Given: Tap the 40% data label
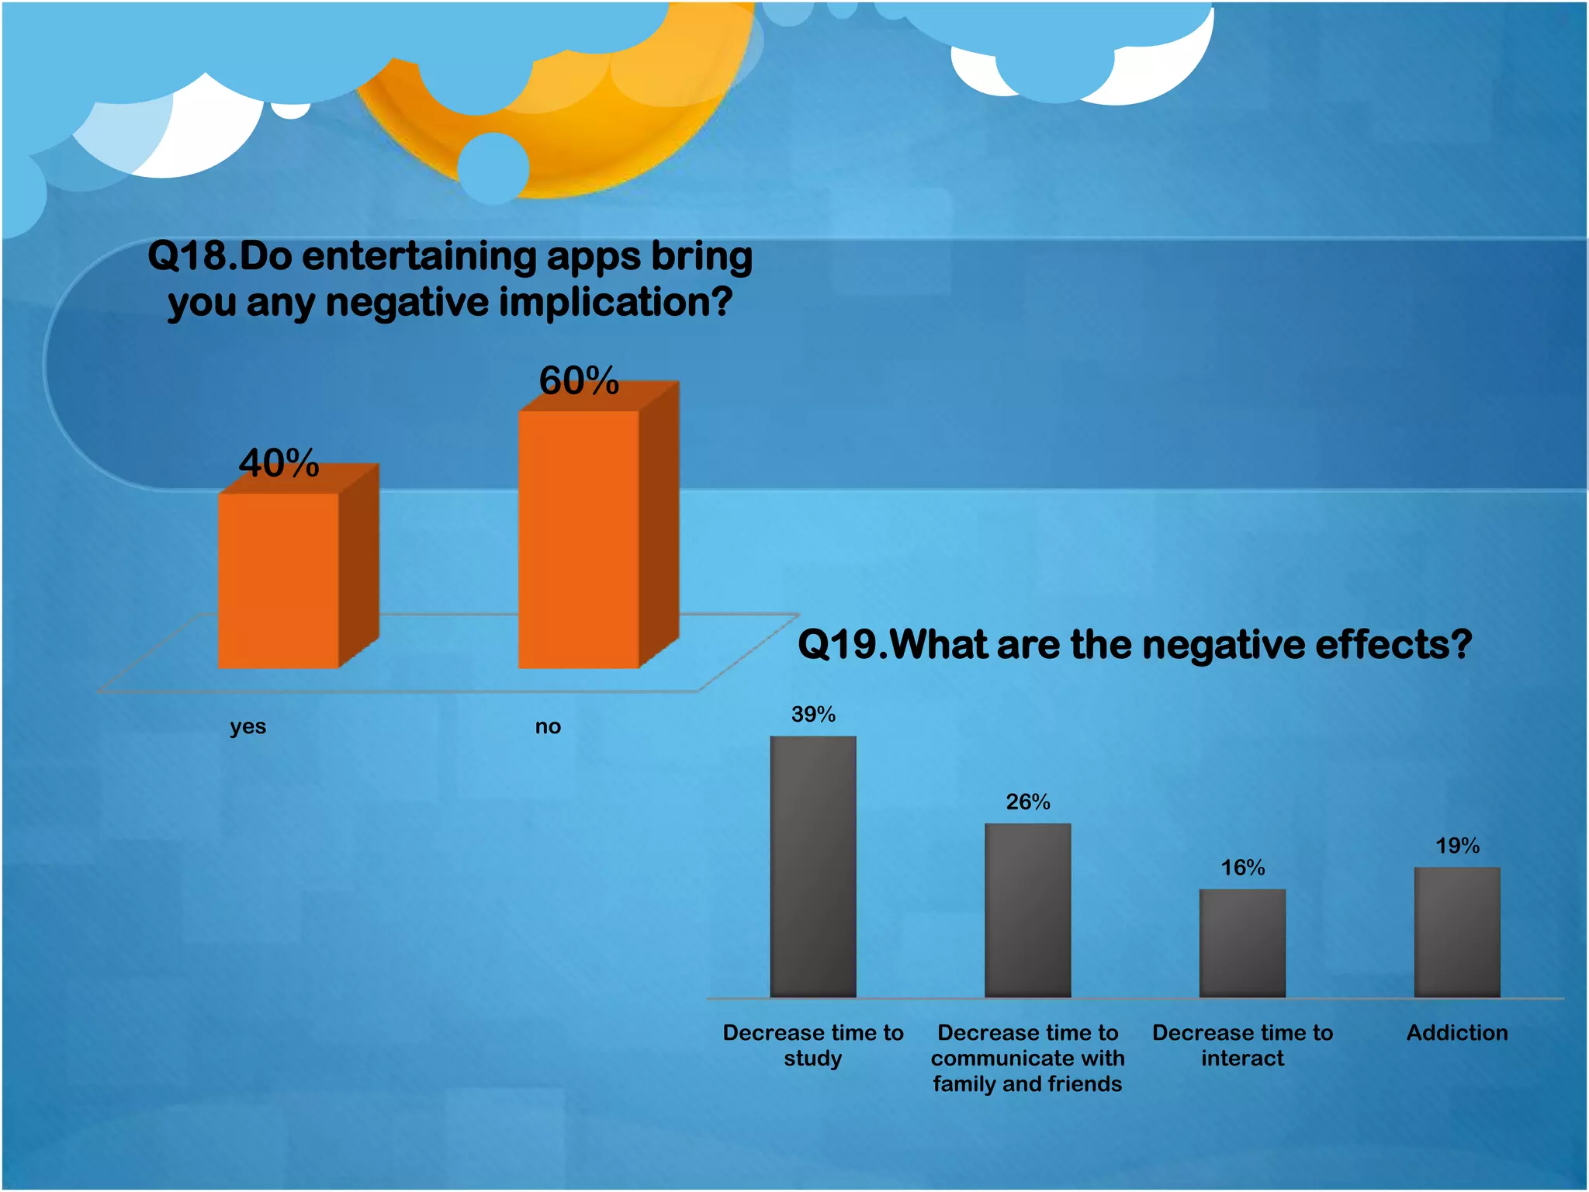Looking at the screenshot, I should coord(279,463).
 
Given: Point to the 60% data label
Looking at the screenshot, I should coord(579,380).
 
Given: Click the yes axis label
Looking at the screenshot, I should coord(248,727).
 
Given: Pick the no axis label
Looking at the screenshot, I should coord(548,727).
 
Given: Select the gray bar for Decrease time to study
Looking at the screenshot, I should coord(813,867).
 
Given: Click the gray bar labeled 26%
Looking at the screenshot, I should coord(1027,910).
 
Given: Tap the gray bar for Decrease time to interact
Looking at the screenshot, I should coord(1242,943).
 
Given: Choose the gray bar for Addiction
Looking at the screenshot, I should coord(1456,932).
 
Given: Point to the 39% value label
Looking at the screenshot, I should coord(813,715).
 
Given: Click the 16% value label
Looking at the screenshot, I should coord(1242,868).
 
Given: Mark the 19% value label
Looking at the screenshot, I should coord(1456,846).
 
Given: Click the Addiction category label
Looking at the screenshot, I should coord(1456,1033).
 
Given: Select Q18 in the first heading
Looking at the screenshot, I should coord(186,256).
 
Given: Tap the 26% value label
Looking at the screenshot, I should coord(1027,802).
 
